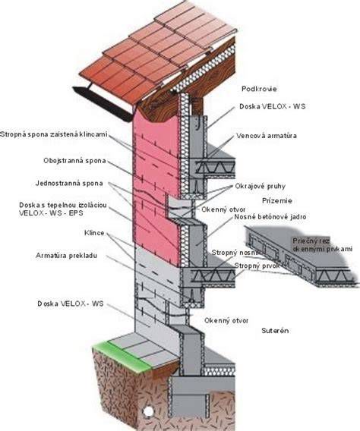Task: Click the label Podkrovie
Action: pos(259,89)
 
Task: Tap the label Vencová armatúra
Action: pos(267,136)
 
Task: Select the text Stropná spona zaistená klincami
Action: pos(54,135)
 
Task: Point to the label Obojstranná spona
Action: pos(74,161)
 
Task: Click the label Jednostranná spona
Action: pos(69,183)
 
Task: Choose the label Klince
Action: pos(94,233)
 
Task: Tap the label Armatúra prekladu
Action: pos(66,256)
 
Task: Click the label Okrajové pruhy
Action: pos(260,186)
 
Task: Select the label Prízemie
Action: pos(276,200)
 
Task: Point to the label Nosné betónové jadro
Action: pos(270,217)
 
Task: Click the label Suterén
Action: pos(275,330)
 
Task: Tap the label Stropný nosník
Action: pos(235,253)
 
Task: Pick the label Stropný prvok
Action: pos(257,266)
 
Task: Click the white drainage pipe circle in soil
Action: pos(149,411)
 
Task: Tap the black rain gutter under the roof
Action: pos(103,104)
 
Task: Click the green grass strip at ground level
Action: pos(122,357)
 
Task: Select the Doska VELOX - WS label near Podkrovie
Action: pos(272,106)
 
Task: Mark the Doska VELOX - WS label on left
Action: pos(71,304)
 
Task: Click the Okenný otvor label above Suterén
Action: pos(226,320)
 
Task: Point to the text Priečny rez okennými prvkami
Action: pos(322,245)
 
